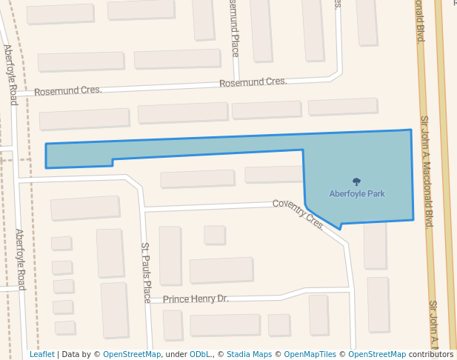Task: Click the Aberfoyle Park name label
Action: (357, 193)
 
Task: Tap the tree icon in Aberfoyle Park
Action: (357, 181)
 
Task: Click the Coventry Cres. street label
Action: (298, 214)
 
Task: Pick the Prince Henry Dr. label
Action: (196, 299)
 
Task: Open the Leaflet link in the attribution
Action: (41, 354)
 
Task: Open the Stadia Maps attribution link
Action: (249, 354)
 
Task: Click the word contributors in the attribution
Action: (431, 354)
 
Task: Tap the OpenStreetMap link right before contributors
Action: (377, 354)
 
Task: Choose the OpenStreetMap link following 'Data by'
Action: (132, 354)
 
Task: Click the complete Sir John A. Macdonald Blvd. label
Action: (427, 172)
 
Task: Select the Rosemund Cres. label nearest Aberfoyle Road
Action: (68, 90)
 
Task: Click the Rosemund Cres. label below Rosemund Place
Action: (253, 82)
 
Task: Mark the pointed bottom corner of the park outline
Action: (341, 228)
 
